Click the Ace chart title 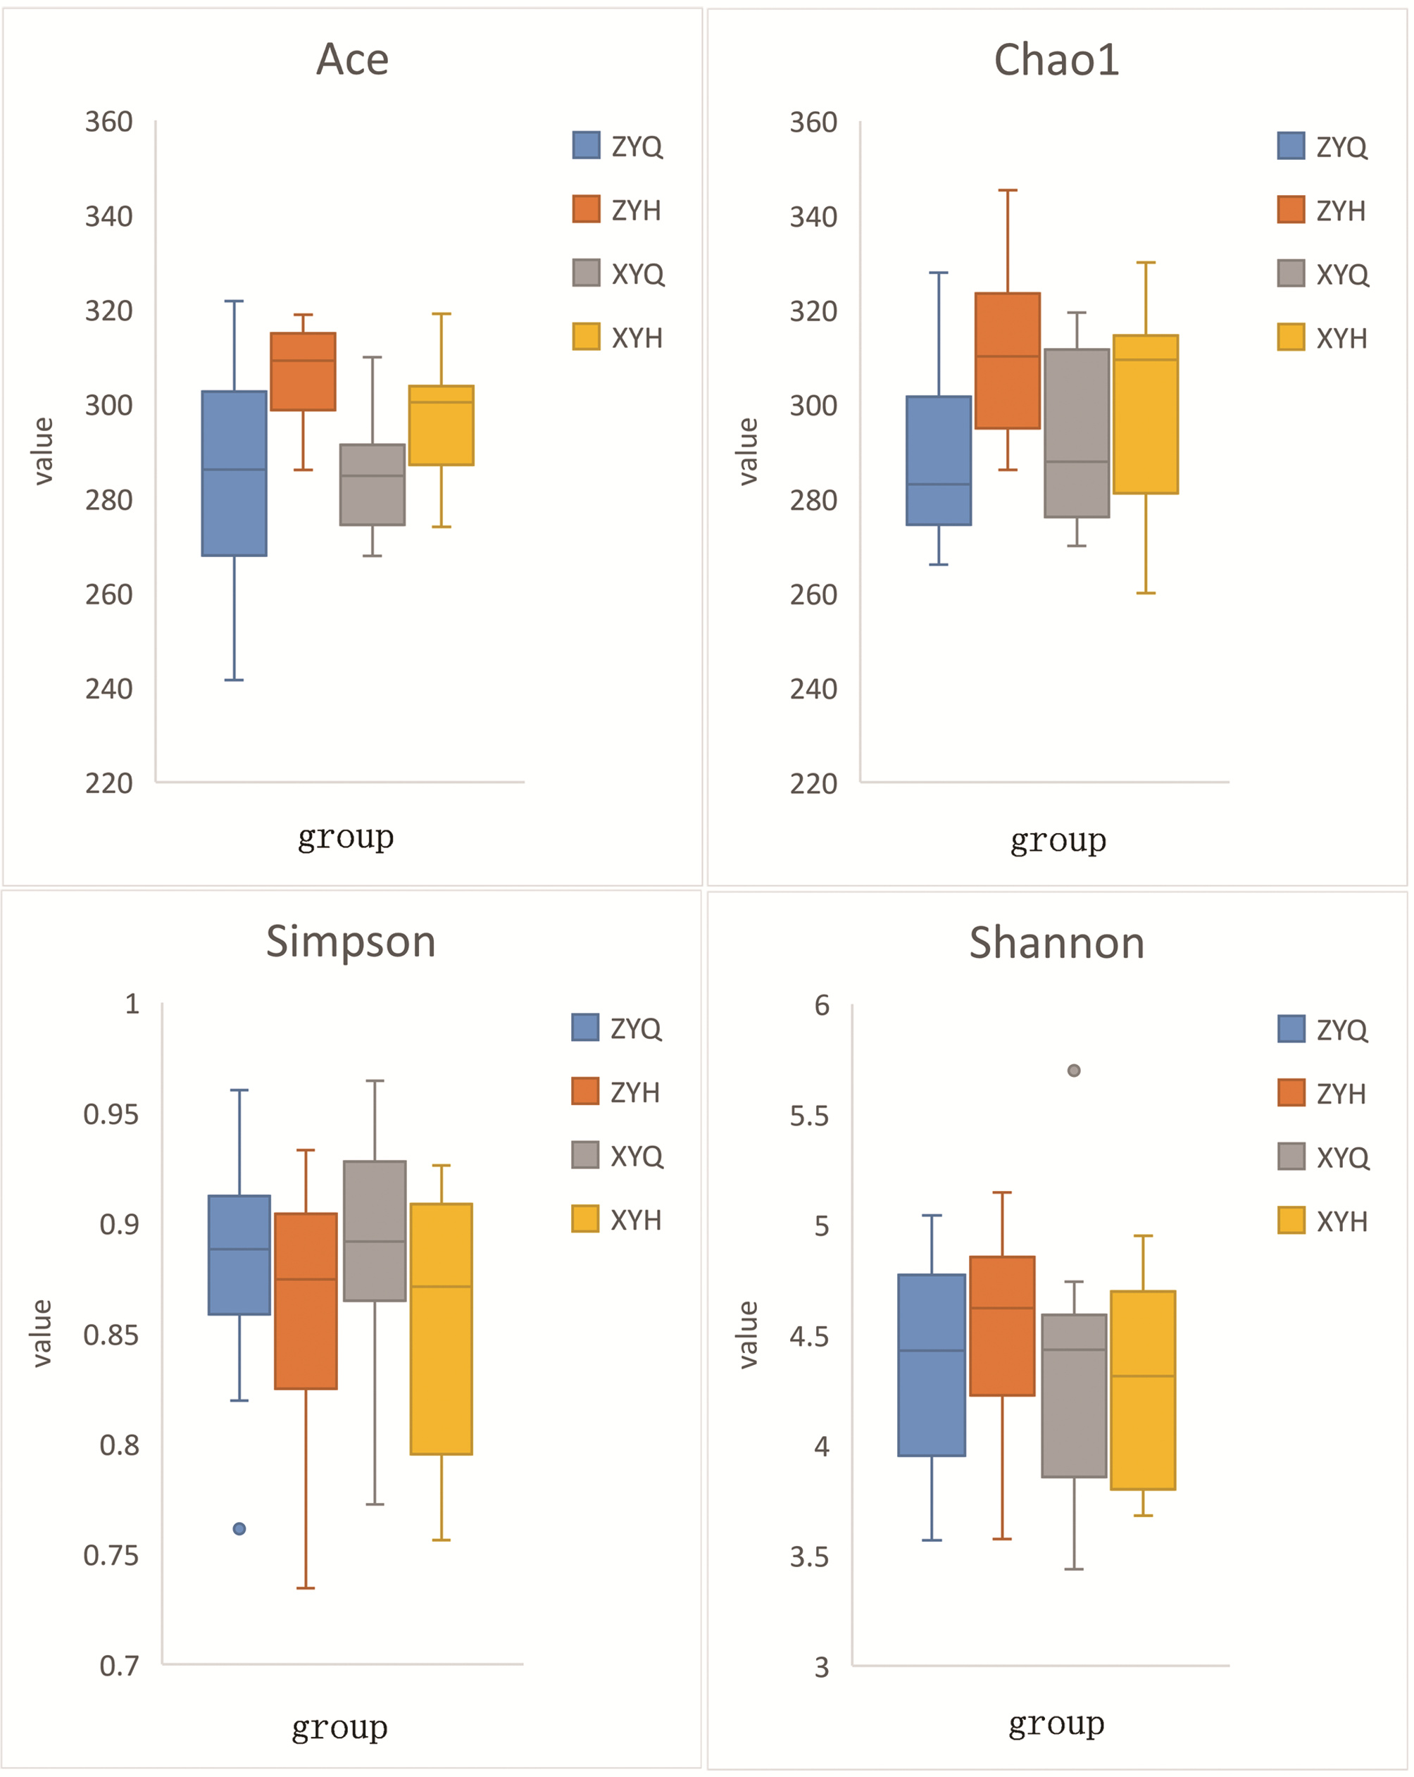(x=352, y=59)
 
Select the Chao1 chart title (x=1056, y=59)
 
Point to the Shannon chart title (x=1056, y=943)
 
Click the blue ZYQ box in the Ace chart (x=234, y=473)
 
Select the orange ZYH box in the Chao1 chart (x=1007, y=361)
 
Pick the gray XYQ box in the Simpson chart (x=375, y=1230)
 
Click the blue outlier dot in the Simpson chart (x=239, y=1529)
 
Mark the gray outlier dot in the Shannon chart (x=1074, y=1071)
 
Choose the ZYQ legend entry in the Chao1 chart (x=1322, y=146)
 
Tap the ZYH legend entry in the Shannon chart (x=1322, y=1094)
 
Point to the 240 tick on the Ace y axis (x=108, y=689)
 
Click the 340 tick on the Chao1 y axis (x=813, y=217)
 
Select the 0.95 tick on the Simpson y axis (x=111, y=1115)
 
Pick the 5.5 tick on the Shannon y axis (x=809, y=1117)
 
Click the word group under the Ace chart (x=345, y=837)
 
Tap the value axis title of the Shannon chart (x=747, y=1335)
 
